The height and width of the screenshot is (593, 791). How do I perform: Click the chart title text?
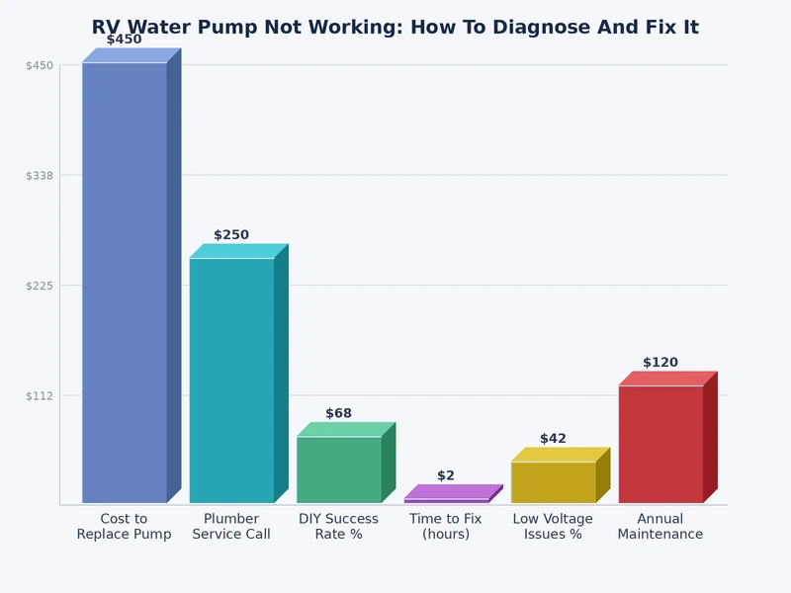click(x=395, y=28)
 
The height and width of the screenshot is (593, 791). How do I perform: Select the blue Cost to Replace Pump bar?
click(x=125, y=282)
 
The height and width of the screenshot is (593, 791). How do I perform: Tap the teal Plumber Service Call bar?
click(x=231, y=381)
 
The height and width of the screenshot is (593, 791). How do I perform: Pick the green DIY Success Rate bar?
click(x=339, y=469)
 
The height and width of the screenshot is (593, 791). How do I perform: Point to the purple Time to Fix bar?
click(x=447, y=500)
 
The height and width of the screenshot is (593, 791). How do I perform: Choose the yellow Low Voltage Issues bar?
click(x=554, y=482)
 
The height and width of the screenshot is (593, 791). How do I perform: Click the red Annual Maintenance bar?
click(x=660, y=444)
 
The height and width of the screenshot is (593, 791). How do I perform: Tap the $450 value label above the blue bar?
click(x=125, y=40)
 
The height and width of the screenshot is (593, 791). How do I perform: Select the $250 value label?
click(x=231, y=235)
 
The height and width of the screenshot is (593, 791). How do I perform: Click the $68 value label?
click(x=339, y=413)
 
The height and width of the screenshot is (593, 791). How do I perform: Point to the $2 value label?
click(x=446, y=475)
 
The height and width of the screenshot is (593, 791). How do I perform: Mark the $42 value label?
click(x=554, y=439)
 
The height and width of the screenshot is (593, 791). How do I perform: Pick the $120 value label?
click(x=660, y=363)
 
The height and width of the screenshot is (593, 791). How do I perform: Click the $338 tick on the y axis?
click(x=40, y=175)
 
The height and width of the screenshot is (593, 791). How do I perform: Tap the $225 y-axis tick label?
click(x=40, y=286)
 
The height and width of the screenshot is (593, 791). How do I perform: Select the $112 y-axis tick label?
click(x=40, y=395)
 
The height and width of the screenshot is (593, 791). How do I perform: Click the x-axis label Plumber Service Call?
click(x=231, y=527)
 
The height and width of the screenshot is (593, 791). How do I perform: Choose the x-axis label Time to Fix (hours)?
click(x=446, y=527)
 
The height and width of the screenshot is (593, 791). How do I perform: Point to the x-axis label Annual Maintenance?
click(x=660, y=527)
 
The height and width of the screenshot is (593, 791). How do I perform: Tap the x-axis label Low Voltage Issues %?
click(x=554, y=527)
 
